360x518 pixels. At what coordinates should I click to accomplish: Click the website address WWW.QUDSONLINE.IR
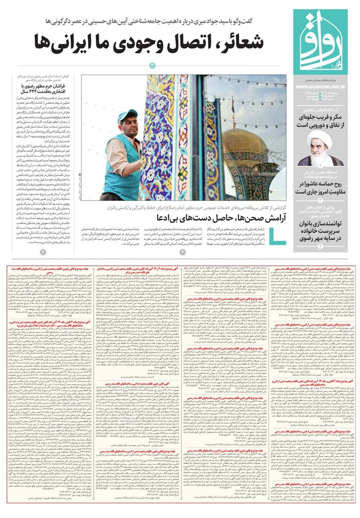pos(320,87)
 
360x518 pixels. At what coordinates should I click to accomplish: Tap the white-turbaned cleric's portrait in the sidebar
pos(320,147)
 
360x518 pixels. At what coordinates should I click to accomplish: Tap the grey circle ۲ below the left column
pos(42,252)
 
